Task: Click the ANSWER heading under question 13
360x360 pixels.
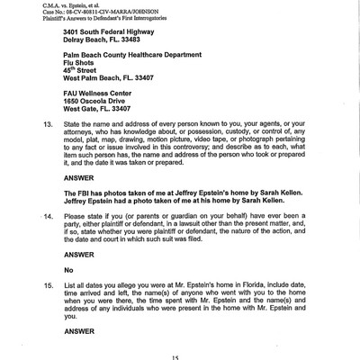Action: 78,177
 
